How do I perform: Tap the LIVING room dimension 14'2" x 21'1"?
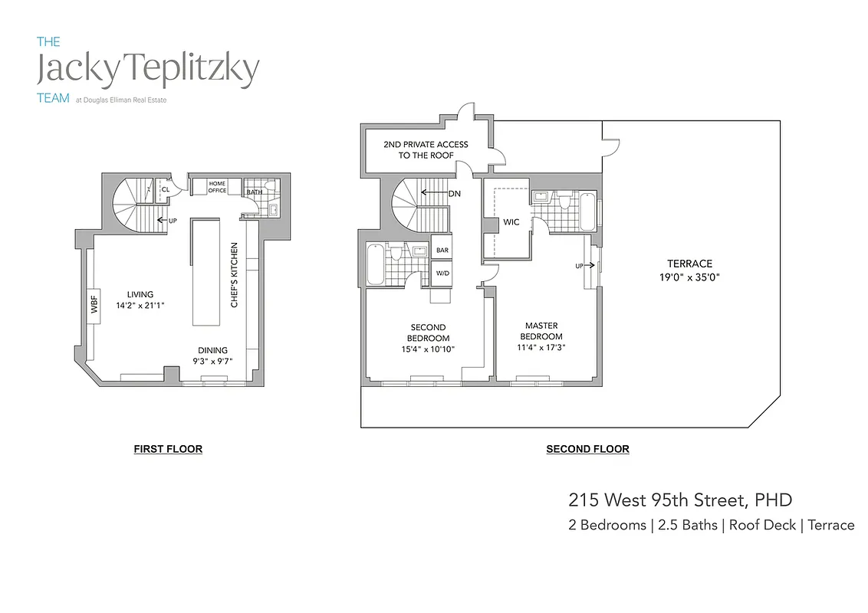click(x=141, y=305)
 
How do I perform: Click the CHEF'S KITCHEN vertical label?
click(x=234, y=275)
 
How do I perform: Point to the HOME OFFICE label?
click(x=218, y=186)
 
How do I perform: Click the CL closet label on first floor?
click(x=166, y=189)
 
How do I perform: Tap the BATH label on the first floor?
click(x=254, y=192)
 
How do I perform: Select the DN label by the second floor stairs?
click(x=454, y=194)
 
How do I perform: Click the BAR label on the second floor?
click(x=442, y=250)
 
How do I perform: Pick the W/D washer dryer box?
click(x=442, y=272)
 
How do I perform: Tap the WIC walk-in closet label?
click(x=511, y=223)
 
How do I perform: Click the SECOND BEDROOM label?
click(x=429, y=333)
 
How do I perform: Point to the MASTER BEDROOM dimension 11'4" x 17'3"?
click(x=541, y=347)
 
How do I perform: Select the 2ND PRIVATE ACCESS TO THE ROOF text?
click(x=426, y=149)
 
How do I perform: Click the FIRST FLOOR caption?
click(x=168, y=449)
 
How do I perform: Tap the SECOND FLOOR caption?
click(x=587, y=449)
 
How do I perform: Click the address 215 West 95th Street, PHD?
click(x=679, y=500)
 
